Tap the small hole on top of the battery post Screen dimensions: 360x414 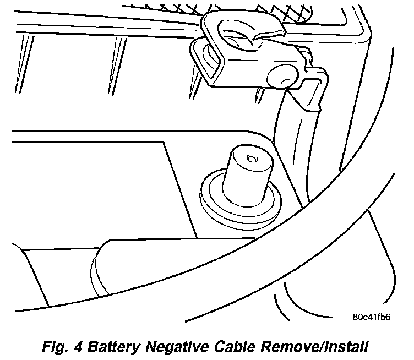252,160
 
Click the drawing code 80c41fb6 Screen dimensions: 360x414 373,317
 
